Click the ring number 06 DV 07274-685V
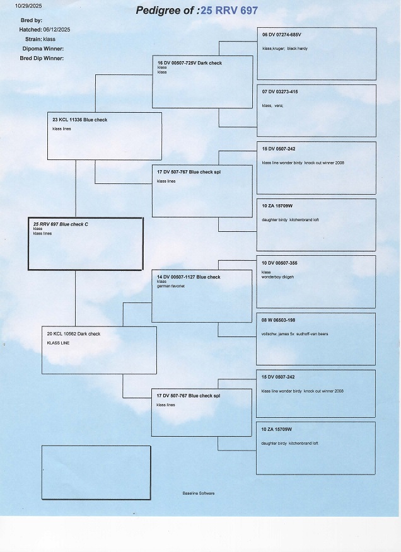point(281,35)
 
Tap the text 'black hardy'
point(298,49)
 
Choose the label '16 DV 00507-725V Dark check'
point(189,63)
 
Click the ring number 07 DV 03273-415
point(279,92)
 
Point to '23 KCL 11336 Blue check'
point(79,120)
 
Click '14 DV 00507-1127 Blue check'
point(189,277)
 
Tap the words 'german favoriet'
point(170,286)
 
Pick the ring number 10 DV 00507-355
point(279,262)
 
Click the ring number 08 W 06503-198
point(278,320)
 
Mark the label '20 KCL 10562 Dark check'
point(74,333)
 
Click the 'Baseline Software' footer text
point(198,493)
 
